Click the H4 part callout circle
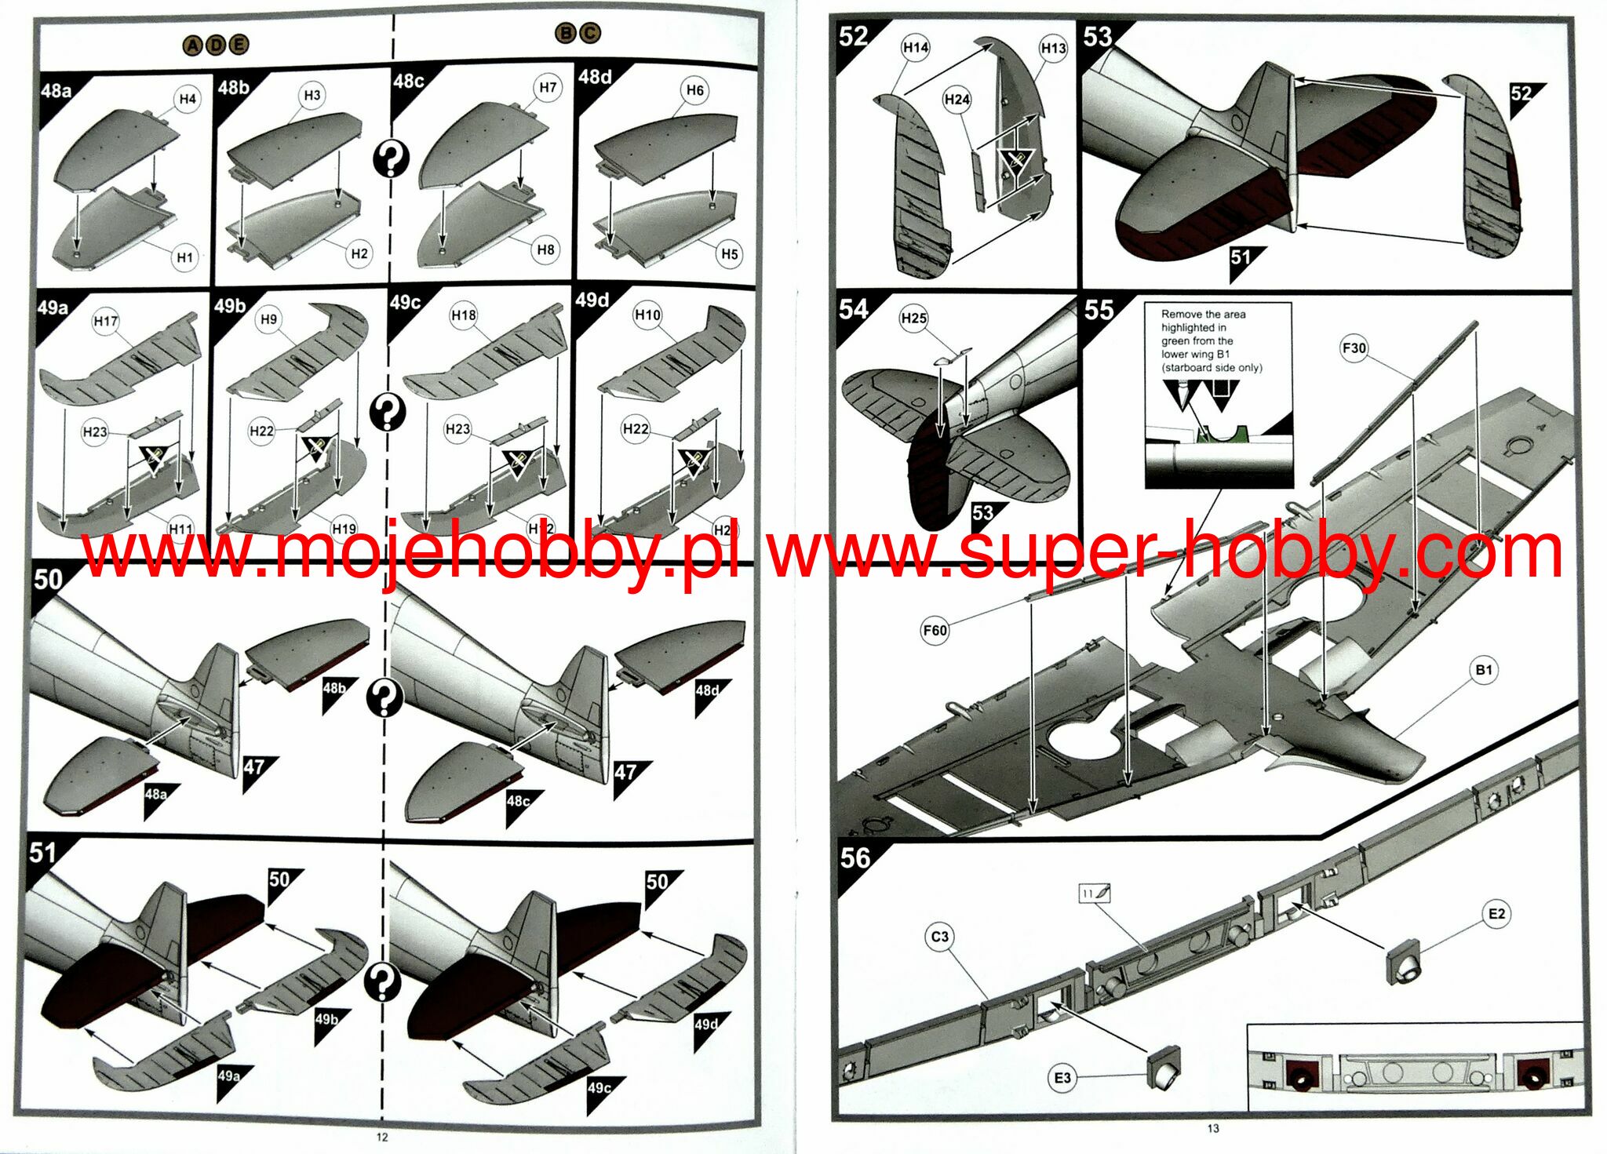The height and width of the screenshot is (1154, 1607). [187, 99]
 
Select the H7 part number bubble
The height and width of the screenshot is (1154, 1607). [548, 87]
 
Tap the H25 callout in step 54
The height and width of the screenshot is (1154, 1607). [914, 318]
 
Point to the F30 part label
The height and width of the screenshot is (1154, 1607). [1354, 348]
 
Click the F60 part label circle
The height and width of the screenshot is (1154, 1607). [935, 630]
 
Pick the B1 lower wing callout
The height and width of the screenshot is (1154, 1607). [1484, 670]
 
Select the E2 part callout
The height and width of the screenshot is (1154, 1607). [1497, 914]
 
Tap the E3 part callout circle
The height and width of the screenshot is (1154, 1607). [1062, 1078]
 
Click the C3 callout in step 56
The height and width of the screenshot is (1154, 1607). [940, 937]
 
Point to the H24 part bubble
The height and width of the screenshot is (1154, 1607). [957, 100]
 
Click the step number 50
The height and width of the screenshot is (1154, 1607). [48, 579]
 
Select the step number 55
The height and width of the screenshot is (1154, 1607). [1099, 310]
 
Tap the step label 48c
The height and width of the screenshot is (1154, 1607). [409, 81]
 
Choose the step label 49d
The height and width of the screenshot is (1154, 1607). [592, 300]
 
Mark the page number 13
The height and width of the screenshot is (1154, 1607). [1213, 1128]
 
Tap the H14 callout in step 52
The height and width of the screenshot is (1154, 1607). [916, 48]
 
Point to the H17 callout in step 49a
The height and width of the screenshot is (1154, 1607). [105, 321]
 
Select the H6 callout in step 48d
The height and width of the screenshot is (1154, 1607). [695, 90]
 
